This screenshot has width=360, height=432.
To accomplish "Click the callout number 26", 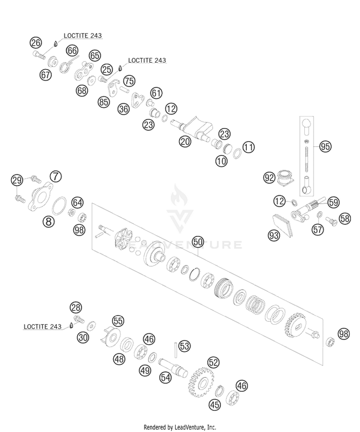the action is coord(36,43).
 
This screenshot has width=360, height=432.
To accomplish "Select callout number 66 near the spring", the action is coord(72,51).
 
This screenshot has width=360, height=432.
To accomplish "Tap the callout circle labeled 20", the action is coord(185,141).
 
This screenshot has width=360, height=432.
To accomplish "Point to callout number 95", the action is coord(325,146).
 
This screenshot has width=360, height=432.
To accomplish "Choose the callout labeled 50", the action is coord(197,242).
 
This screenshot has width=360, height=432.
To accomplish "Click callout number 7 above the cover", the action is coord(56,176).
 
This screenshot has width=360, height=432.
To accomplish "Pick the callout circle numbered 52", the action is coord(213,362).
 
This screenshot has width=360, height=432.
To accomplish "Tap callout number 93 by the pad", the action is coord(274,235).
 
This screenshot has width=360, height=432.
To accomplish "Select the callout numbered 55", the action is coord(118,321).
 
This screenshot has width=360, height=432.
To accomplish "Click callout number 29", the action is coord(17,180).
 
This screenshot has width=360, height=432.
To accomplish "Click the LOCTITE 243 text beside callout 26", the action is coord(83,35).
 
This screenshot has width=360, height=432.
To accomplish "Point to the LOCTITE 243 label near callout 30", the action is coord(43,327).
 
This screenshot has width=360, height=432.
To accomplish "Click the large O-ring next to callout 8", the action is coord(59,205).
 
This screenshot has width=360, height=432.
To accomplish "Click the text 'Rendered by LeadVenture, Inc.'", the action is coord(180,427).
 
